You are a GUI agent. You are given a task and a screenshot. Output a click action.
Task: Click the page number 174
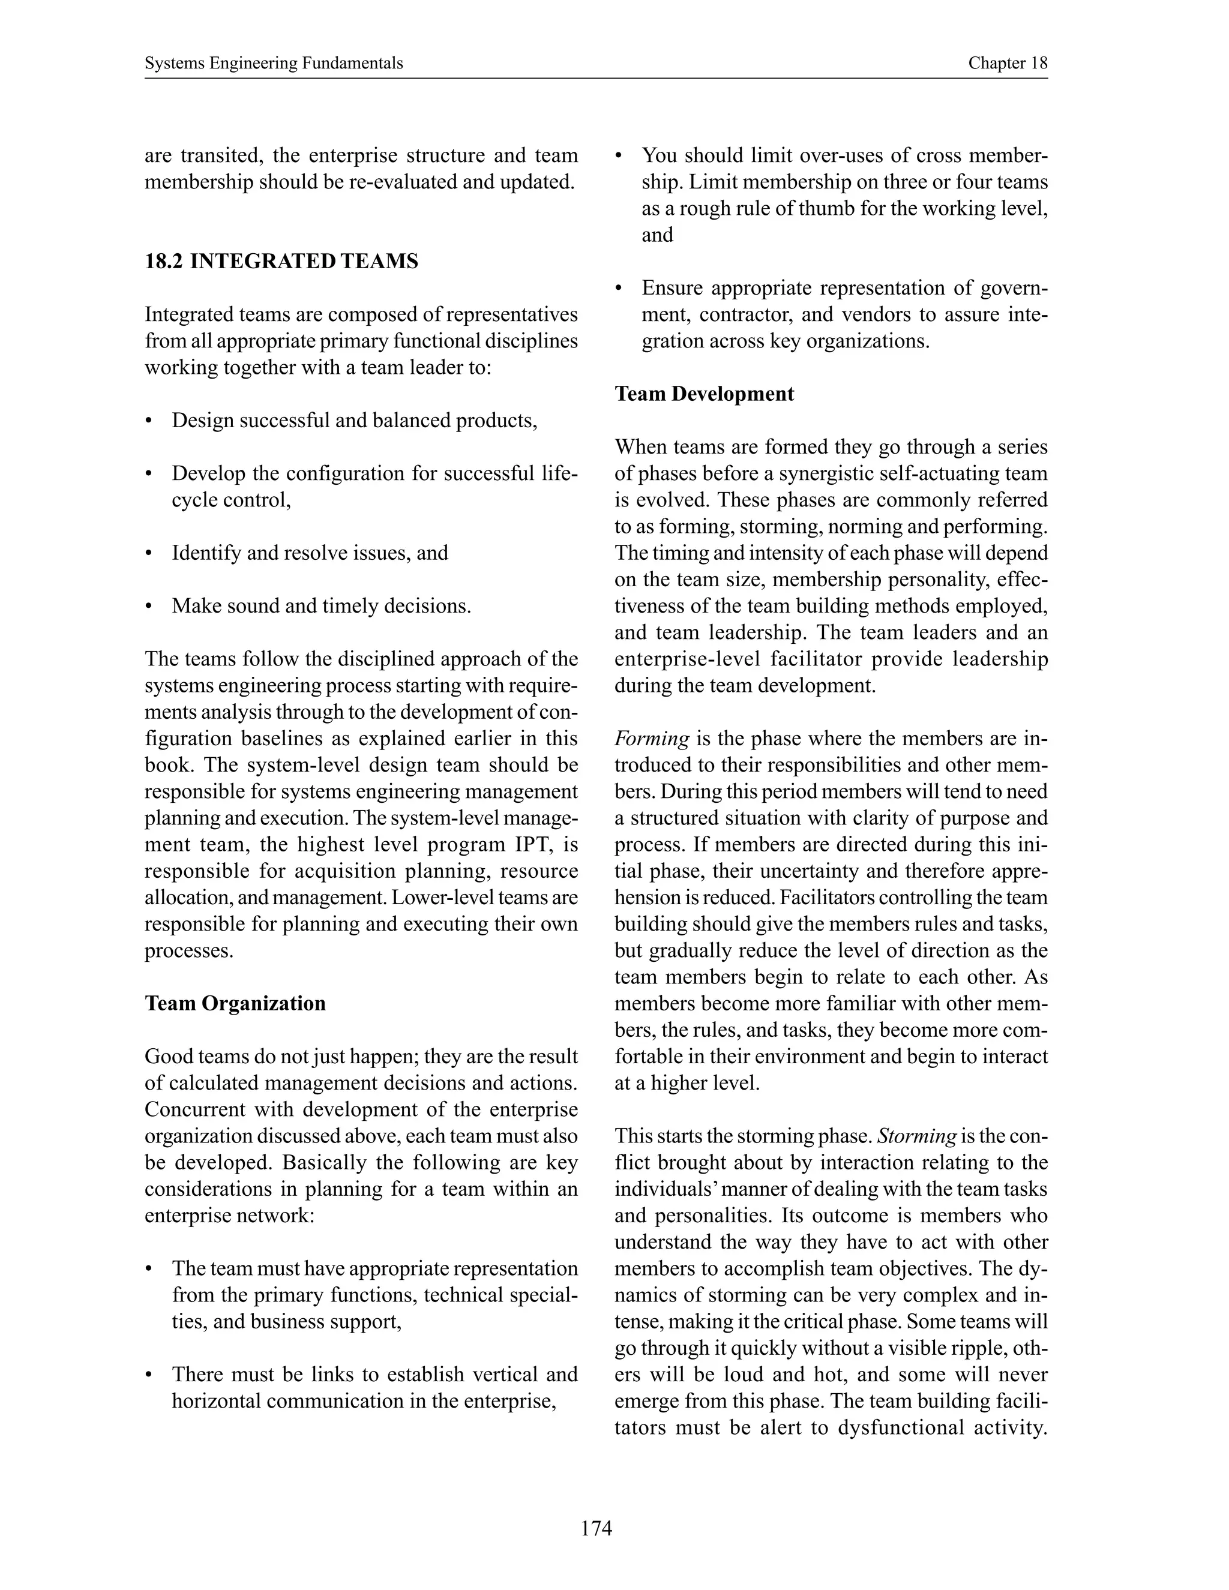pyautogui.click(x=596, y=1528)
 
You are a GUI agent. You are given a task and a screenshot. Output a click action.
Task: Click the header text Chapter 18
pyautogui.click(x=1007, y=64)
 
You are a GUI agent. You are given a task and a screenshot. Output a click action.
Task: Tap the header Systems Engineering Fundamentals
pyautogui.click(x=274, y=64)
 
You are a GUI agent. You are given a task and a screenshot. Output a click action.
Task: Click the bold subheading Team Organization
pyautogui.click(x=235, y=1003)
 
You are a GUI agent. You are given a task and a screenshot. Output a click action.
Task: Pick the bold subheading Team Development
pyautogui.click(x=704, y=394)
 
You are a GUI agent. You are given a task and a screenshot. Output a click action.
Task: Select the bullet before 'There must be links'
pyautogui.click(x=149, y=1375)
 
